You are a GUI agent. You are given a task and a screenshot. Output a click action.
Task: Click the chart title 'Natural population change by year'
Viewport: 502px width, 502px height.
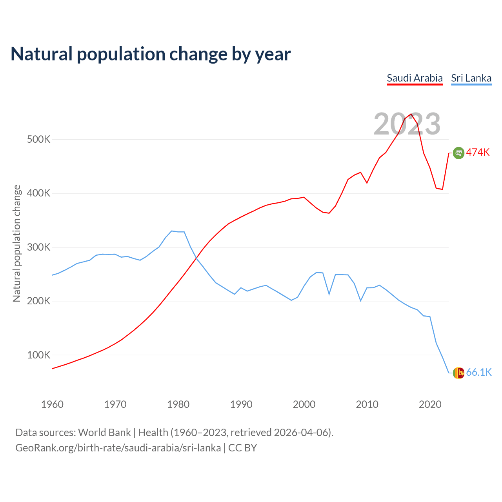coord(151,54)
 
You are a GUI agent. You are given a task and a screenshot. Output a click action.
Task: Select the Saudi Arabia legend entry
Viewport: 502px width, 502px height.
coord(415,78)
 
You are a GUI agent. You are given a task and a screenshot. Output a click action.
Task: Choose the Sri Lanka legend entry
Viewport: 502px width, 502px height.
coord(471,78)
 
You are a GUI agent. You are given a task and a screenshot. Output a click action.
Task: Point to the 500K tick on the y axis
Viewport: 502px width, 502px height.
coord(38,140)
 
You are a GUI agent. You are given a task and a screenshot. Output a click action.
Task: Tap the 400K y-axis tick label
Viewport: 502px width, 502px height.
coord(38,193)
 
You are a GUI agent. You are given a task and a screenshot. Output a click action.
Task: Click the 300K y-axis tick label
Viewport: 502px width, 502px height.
coord(38,247)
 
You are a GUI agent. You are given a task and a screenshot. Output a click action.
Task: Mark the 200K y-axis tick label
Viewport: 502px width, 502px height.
coord(38,301)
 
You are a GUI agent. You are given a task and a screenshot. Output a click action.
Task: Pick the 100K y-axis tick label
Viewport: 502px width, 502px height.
coord(38,355)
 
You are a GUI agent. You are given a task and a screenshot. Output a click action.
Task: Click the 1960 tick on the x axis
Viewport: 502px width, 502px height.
coord(52,404)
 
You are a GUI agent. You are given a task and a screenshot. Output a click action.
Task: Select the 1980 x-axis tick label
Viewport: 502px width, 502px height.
coord(178,404)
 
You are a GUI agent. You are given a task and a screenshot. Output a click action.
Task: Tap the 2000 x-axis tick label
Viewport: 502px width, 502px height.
coord(304,404)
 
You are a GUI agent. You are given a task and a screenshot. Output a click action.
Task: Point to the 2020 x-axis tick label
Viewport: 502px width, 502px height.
coord(430,404)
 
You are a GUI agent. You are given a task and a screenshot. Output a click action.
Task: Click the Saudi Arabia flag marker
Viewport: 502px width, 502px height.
coord(458,153)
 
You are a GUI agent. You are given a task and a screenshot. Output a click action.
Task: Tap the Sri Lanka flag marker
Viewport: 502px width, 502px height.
coord(458,373)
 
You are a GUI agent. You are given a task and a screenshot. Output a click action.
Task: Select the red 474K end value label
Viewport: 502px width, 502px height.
coord(478,153)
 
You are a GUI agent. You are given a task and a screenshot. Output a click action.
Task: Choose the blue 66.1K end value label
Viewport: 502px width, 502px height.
coord(479,373)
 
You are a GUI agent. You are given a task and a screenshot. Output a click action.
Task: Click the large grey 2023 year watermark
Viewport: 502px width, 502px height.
coord(407,124)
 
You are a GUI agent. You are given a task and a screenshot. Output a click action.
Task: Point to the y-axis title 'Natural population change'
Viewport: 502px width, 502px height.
coord(17,244)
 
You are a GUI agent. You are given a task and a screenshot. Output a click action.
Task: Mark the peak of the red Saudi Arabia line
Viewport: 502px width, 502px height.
coord(411,114)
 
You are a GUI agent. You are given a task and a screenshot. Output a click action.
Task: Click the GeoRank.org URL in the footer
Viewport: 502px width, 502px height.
coord(118,448)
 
